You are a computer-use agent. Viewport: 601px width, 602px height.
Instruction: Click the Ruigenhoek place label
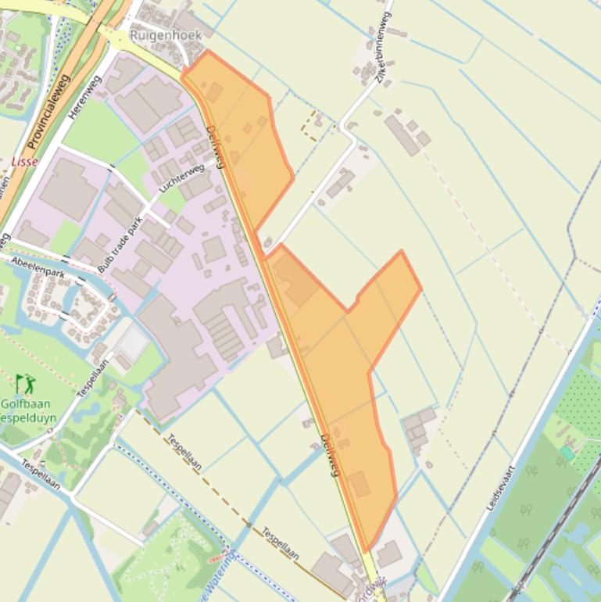point(166,34)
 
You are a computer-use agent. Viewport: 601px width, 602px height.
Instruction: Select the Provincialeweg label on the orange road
point(48,112)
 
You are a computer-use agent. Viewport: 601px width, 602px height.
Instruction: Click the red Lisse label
point(25,162)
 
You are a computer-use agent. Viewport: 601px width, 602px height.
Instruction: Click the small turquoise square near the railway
point(567,453)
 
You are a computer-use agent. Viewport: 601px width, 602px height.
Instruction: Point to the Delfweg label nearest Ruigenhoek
point(215,146)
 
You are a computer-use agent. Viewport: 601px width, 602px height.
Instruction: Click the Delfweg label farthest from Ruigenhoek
point(329,455)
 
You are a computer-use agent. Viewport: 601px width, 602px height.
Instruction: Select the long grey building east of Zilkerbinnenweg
point(402,135)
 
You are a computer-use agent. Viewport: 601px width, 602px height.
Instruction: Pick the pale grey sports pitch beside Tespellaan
point(133,343)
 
